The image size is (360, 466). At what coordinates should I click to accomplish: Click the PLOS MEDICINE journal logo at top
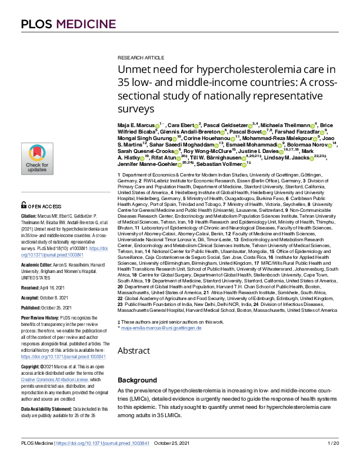[58, 24]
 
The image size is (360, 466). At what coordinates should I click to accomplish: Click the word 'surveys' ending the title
[136, 109]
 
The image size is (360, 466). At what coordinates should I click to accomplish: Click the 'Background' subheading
[135, 380]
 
